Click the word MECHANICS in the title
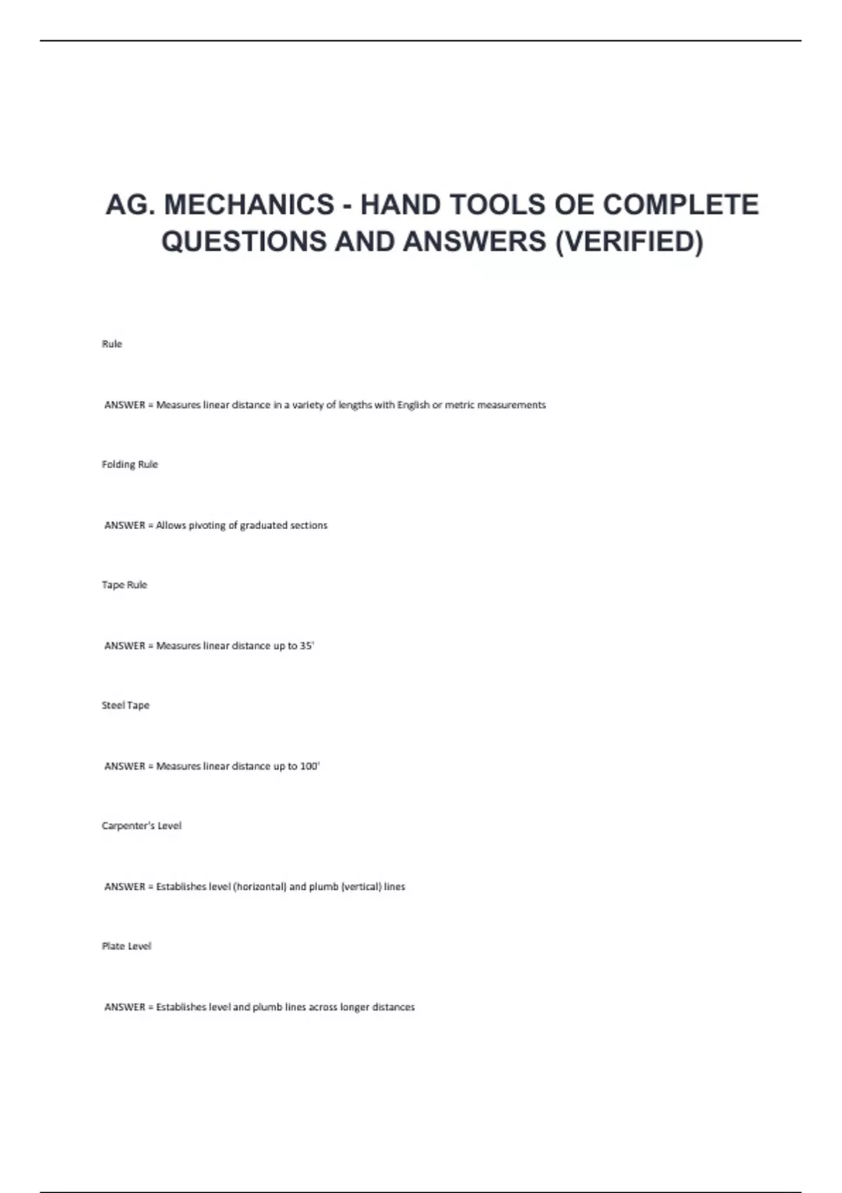tap(249, 205)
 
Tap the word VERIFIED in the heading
tap(629, 241)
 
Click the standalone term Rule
tap(112, 344)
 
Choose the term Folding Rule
tap(130, 465)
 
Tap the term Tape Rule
tap(124, 585)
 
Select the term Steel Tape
tap(126, 705)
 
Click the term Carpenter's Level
tap(141, 826)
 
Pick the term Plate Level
tap(126, 946)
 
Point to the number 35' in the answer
tap(307, 646)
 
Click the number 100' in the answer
tap(309, 766)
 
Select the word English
tap(413, 405)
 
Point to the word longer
tap(355, 1007)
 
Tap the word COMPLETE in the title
tap(681, 205)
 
